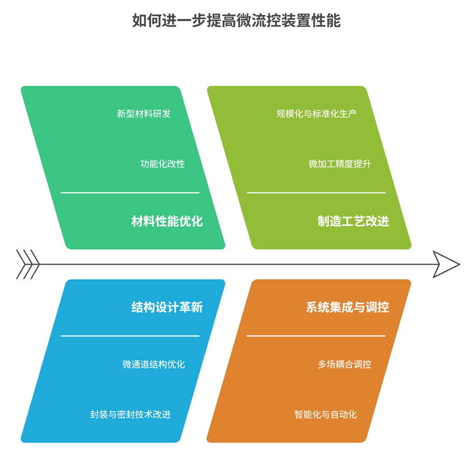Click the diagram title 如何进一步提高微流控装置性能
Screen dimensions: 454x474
(x=236, y=21)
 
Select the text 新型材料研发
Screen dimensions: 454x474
(x=143, y=114)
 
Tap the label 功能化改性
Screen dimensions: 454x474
(x=162, y=164)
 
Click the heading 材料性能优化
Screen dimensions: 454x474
(x=167, y=221)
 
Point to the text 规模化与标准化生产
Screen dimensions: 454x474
(x=316, y=114)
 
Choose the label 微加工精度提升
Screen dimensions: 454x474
(x=339, y=164)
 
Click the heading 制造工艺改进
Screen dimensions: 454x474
(x=353, y=221)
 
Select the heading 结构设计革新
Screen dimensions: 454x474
(x=167, y=307)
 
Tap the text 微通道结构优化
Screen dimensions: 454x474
(x=153, y=364)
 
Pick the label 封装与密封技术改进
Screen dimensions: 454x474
(x=131, y=414)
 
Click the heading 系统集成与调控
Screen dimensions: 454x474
(x=347, y=307)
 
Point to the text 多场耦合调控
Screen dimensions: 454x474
(x=344, y=364)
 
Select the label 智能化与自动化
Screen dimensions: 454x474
(x=325, y=414)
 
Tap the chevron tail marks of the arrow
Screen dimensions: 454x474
(x=28, y=264)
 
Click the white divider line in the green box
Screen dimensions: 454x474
(x=130, y=193)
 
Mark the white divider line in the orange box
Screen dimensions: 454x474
(x=316, y=336)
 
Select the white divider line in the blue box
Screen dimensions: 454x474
(x=130, y=336)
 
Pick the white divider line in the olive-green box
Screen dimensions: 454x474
(x=316, y=193)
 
